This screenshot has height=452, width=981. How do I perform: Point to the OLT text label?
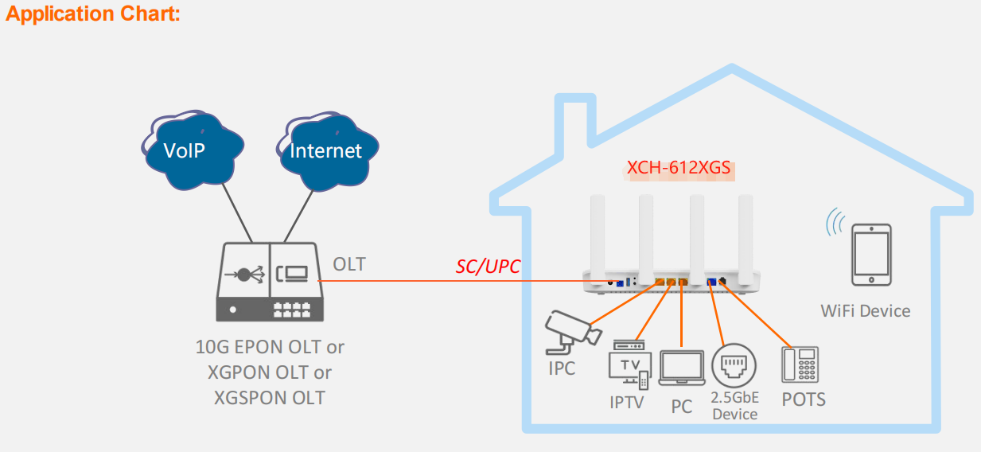coord(349,264)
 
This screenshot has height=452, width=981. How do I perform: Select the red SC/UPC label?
coord(488,267)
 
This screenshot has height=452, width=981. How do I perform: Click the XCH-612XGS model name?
coord(679,169)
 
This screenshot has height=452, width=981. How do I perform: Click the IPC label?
coord(562,369)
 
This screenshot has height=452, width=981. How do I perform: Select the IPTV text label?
coord(627,403)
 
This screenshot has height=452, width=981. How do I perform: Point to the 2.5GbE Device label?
coord(735,406)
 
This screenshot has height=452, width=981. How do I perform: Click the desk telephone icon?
coord(800,365)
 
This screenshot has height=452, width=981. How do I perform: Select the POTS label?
coord(804,399)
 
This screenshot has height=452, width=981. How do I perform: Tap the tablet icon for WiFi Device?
coord(871,255)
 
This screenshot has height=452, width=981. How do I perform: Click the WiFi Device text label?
coord(866,310)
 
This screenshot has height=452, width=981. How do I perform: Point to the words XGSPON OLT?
coord(270,397)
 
